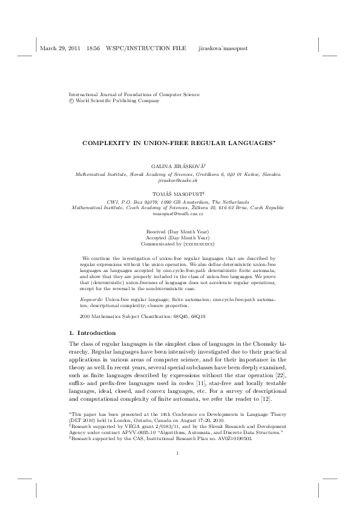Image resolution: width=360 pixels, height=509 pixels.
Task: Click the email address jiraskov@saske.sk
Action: (179, 180)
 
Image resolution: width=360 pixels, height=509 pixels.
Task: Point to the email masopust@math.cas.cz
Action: (179, 214)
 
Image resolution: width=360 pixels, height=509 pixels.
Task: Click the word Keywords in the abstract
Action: (91, 299)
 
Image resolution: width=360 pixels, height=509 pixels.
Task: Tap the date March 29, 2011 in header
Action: (59, 48)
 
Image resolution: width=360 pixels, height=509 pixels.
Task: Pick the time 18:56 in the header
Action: (93, 48)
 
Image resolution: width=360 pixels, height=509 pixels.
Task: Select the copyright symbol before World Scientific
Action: (72, 101)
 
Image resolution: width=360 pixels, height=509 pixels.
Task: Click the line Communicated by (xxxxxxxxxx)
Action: (179, 244)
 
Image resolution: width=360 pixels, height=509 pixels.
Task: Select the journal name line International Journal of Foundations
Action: (134, 94)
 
